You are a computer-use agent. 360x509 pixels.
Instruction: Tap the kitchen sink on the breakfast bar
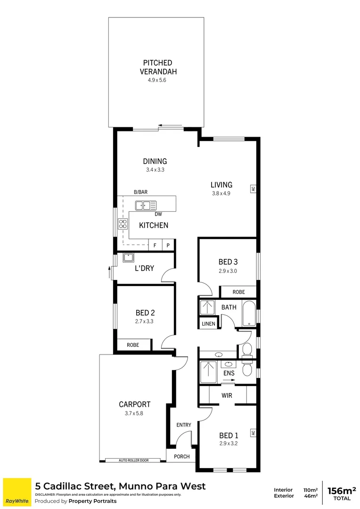146,205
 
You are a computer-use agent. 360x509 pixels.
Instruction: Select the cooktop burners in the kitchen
123,224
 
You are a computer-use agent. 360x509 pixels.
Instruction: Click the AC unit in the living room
253,189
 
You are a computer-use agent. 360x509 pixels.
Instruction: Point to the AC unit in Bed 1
253,433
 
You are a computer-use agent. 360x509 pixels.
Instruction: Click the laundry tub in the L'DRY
128,257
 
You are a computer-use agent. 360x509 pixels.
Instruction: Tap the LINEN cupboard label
208,324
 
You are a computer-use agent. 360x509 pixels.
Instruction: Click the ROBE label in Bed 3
238,292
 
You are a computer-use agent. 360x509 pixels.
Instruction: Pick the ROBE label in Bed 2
133,345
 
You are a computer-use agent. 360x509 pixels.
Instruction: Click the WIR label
227,395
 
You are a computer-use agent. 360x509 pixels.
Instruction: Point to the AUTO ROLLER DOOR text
134,460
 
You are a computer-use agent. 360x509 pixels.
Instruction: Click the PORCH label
181,456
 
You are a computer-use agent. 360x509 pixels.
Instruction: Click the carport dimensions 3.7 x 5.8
135,413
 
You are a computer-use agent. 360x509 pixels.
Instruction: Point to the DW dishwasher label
158,214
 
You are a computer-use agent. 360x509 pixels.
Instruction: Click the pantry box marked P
168,246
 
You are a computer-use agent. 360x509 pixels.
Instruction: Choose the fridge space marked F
155,246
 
